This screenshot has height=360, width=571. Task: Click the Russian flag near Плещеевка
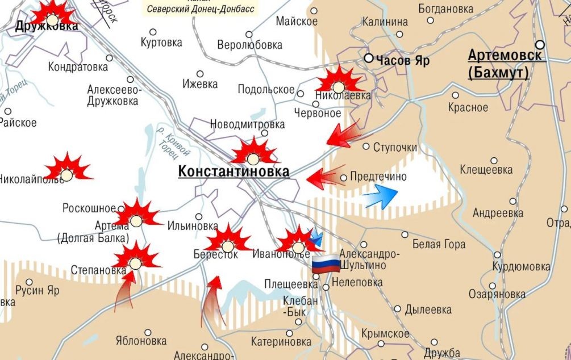coord(324,265)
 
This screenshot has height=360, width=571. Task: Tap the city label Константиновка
coord(234,171)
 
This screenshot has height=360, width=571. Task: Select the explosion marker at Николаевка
coord(339,86)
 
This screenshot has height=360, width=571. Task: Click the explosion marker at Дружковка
coord(52,19)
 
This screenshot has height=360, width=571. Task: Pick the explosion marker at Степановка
coord(135,262)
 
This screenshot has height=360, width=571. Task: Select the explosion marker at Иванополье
coord(298,246)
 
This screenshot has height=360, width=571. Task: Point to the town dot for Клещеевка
coord(494,161)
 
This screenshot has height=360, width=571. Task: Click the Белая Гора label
coord(439,244)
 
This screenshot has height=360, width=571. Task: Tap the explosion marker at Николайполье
coord(67,174)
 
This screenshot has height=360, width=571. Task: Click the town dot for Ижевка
coord(200,74)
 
